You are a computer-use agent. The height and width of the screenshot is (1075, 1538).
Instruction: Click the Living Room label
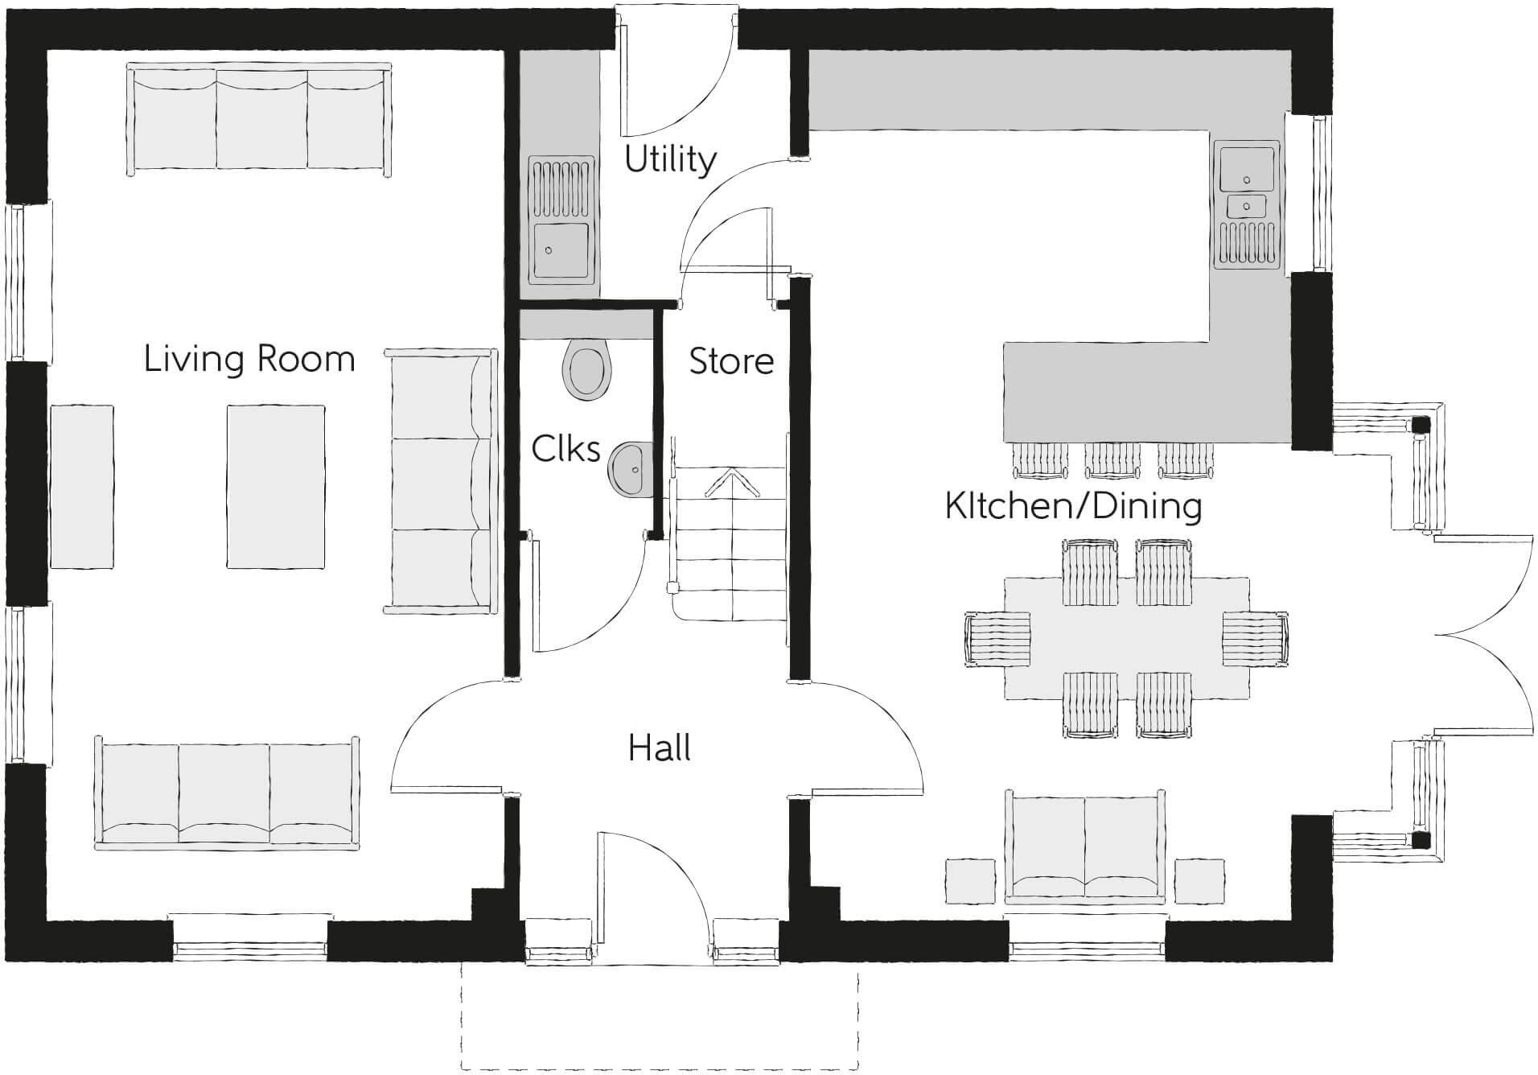249,359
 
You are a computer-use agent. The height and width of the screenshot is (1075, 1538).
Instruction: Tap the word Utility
670,159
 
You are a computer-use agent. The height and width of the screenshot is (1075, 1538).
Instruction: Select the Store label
731,361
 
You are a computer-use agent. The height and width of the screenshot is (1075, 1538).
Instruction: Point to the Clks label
566,449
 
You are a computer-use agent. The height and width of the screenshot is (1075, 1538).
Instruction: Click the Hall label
660,748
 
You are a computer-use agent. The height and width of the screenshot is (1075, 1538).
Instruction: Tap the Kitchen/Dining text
1073,506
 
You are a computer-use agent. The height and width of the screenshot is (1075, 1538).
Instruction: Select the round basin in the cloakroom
631,468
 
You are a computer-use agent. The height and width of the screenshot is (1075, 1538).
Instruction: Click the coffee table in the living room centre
276,487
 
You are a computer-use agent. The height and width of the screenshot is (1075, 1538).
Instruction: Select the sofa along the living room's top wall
260,120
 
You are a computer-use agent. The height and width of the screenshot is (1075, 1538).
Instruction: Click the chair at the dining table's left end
997,639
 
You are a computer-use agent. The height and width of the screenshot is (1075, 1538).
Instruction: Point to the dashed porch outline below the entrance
660,1069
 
